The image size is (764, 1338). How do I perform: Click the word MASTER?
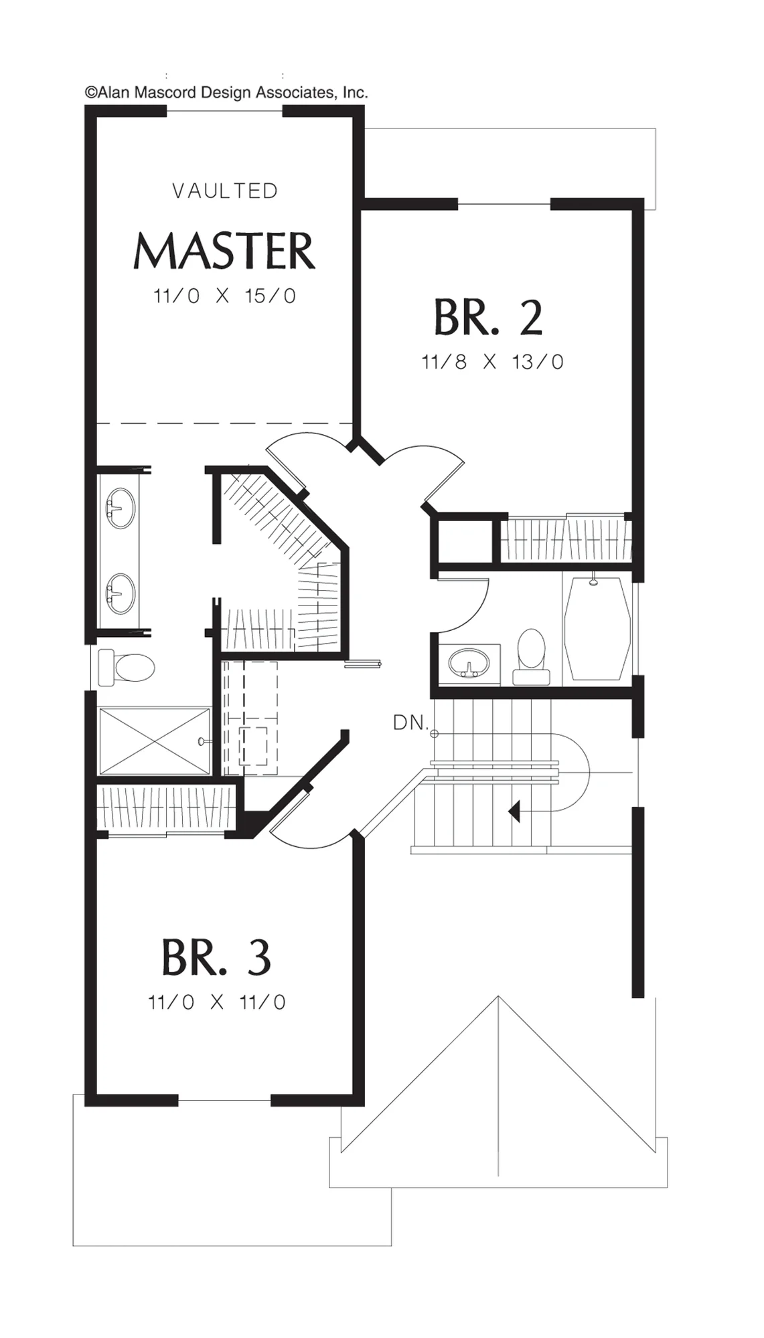pyautogui.click(x=224, y=251)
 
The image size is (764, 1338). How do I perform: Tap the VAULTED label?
pyautogui.click(x=225, y=191)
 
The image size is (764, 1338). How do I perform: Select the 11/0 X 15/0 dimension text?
pyautogui.click(x=224, y=296)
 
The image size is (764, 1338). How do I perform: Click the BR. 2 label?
pyautogui.click(x=488, y=317)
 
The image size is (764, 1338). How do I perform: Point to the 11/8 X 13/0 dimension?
pyautogui.click(x=492, y=362)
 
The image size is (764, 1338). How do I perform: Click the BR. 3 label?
pyautogui.click(x=216, y=957)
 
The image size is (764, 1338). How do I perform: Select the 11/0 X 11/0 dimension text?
pyautogui.click(x=217, y=1001)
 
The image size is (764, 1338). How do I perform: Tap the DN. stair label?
pyautogui.click(x=410, y=723)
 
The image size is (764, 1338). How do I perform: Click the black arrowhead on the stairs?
pyautogui.click(x=514, y=811)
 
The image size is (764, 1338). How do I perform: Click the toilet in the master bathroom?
pyautogui.click(x=127, y=667)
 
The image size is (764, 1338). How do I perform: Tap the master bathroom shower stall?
pyautogui.click(x=154, y=741)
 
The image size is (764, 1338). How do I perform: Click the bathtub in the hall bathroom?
pyautogui.click(x=598, y=628)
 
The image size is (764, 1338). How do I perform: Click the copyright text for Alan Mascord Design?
pyautogui.click(x=226, y=93)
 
